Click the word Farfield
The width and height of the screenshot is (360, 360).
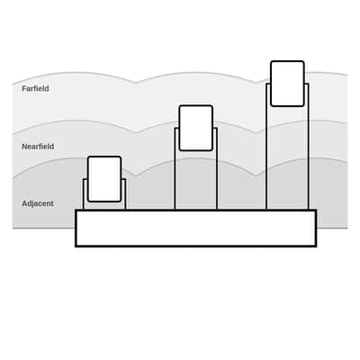point(35,89)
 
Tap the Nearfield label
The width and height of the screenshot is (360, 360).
point(38,147)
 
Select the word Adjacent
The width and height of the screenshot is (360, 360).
point(38,203)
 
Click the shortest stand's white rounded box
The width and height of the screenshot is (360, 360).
point(104,179)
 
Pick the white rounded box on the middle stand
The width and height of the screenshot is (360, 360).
point(196,128)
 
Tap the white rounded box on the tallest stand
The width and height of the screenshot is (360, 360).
point(287,84)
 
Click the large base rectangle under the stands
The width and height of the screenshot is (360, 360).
point(196,229)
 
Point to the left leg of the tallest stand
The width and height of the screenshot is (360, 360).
point(266,147)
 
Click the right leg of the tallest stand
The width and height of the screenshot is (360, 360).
point(308,147)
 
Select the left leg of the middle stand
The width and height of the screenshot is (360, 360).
point(175,168)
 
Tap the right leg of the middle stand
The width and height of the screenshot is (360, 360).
point(216,168)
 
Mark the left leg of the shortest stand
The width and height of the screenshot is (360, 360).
point(84,194)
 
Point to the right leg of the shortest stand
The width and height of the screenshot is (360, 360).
point(125,194)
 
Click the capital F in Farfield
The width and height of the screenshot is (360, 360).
point(24,89)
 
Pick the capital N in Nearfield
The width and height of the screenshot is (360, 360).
point(24,147)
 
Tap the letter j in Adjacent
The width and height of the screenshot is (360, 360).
point(32,204)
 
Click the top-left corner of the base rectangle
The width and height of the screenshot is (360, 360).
point(76,211)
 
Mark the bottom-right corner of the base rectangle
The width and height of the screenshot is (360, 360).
point(316,247)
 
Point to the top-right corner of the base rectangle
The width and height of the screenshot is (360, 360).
point(316,211)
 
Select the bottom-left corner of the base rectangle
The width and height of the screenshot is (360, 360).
point(76,247)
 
